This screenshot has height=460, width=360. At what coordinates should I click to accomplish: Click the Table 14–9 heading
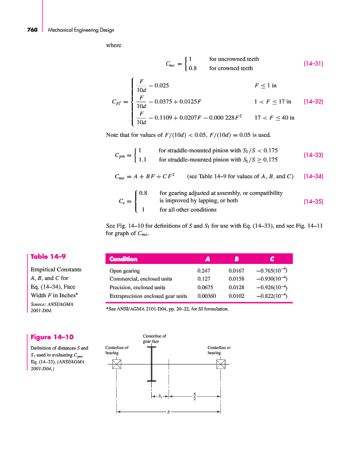point(47,257)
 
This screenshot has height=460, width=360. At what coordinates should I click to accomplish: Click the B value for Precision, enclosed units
point(236,286)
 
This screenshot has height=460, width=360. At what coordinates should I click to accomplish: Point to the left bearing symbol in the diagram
point(117,364)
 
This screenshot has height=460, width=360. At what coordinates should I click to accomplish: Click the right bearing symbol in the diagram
point(220,364)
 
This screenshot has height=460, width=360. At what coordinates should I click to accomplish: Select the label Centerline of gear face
point(154,339)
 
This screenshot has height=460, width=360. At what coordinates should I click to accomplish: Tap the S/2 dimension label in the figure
point(194,396)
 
